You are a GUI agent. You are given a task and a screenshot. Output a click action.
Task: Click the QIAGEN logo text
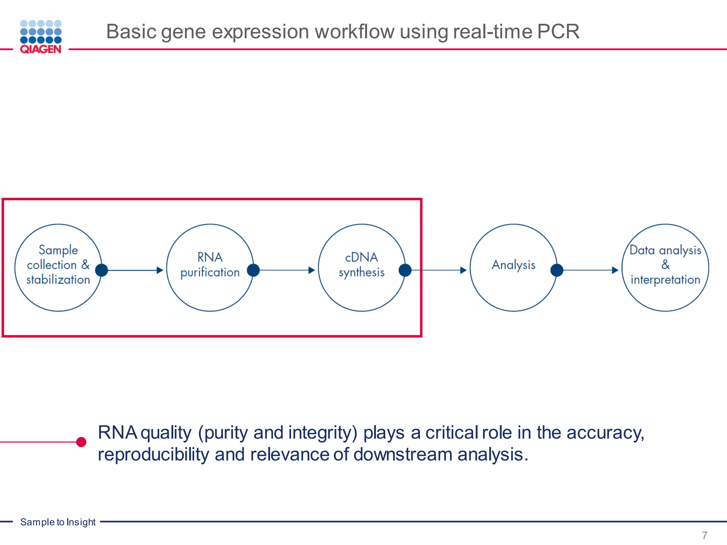point(40,49)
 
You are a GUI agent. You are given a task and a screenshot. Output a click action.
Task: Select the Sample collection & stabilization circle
point(58,268)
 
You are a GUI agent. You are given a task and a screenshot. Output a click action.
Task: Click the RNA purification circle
point(210,268)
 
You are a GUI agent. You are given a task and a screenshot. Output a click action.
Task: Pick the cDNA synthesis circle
point(361,268)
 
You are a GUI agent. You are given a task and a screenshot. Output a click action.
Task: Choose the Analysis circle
point(513,268)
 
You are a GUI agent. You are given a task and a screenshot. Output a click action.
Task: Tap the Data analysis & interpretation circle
point(665,268)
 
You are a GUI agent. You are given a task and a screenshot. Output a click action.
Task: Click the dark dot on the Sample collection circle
point(102,270)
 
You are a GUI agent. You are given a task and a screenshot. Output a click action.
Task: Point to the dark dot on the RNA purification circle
point(253,270)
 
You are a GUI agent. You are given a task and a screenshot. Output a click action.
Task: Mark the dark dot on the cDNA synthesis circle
point(405,270)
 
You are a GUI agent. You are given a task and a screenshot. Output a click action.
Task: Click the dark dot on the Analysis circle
point(557,270)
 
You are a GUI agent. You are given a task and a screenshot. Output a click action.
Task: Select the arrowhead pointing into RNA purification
point(160,270)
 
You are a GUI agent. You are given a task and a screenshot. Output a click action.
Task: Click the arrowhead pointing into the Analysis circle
point(463,270)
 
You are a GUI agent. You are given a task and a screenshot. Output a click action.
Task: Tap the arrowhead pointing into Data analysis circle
point(615,270)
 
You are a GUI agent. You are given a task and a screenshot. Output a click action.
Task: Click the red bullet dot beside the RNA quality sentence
point(81,442)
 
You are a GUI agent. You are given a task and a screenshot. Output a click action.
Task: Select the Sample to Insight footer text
point(58,522)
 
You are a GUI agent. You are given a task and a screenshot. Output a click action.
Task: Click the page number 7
point(704,535)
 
